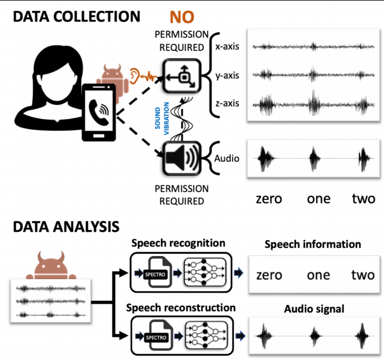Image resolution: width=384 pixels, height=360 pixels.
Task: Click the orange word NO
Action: tap(182, 17)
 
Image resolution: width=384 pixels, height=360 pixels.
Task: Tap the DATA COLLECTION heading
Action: tap(77, 16)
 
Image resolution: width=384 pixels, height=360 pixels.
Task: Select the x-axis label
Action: tap(227, 46)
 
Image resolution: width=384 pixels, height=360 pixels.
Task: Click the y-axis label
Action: tap(227, 76)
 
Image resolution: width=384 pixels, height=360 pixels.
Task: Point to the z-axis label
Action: tap(227, 103)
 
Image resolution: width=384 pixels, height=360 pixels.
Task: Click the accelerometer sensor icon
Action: tap(182, 76)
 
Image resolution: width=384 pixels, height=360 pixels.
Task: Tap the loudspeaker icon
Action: tap(182, 159)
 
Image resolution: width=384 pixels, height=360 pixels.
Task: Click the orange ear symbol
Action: tap(134, 76)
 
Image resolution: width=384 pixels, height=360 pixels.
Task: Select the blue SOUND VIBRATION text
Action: tap(162, 118)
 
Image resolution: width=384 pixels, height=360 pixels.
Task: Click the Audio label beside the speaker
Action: tap(226, 159)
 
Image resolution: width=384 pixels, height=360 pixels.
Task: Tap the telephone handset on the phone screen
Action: tap(99, 112)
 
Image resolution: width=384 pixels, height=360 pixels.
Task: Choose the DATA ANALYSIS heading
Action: tap(66, 227)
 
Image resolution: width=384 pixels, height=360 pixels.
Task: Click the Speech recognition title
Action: tap(178, 244)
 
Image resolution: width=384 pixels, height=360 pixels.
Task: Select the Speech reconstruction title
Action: tap(181, 308)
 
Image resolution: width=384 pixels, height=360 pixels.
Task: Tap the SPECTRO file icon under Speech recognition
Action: tap(157, 272)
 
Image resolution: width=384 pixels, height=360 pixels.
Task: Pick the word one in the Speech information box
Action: tap(318, 275)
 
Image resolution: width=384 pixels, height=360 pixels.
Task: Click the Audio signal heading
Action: tap(314, 309)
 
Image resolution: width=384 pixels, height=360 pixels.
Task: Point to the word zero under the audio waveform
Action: tap(269, 199)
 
